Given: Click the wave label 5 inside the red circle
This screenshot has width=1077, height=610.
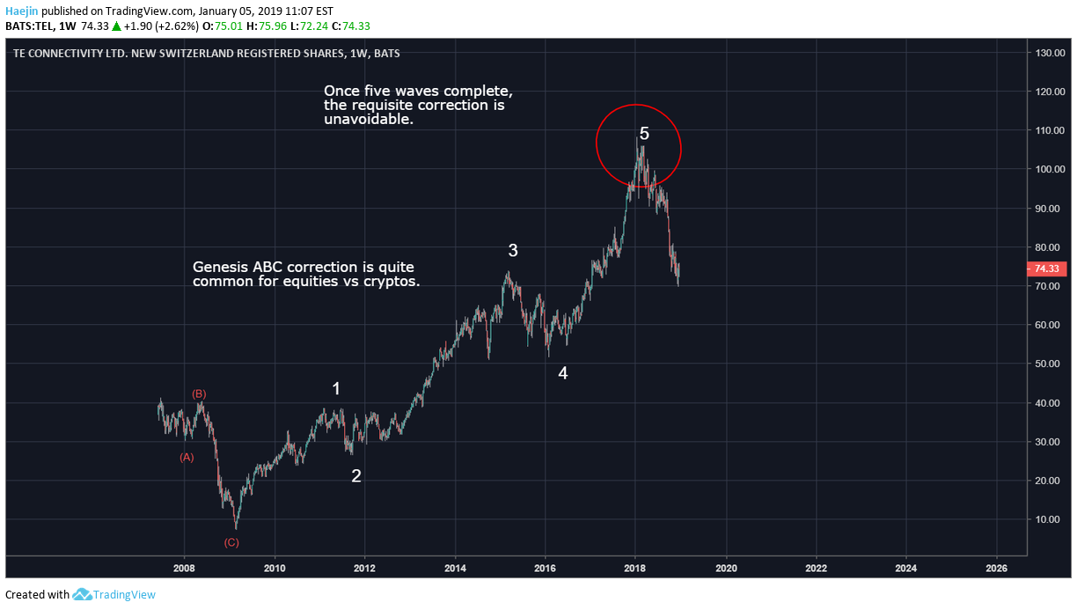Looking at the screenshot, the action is tap(644, 134).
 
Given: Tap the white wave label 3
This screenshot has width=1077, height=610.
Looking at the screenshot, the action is tap(513, 250).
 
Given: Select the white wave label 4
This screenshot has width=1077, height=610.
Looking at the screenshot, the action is tap(562, 373).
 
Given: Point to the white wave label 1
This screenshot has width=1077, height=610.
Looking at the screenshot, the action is tap(336, 389).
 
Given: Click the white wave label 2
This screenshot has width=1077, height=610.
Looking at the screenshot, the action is tap(355, 476).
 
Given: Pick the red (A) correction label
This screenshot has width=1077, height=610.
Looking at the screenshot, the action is tap(187, 458).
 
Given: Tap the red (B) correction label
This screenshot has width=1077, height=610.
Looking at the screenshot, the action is tap(199, 394).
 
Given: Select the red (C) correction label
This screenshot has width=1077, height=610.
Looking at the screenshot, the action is tap(231, 542).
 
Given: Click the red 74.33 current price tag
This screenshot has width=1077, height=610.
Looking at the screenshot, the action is tap(1046, 268).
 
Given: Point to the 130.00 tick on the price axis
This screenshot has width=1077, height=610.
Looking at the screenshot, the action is tap(1050, 53).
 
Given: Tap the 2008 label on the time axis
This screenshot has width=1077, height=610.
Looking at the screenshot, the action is tap(184, 568).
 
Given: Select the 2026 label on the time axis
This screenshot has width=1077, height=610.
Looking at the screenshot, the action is tap(996, 568).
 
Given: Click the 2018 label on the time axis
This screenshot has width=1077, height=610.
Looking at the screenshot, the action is tap(634, 568).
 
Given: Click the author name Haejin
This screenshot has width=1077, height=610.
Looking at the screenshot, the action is tap(22, 11).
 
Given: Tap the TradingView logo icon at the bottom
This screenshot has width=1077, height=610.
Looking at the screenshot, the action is tap(82, 595).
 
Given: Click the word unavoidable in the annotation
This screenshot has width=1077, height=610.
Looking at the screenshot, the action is tap(369, 119).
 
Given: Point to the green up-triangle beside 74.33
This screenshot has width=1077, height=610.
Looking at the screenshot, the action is tap(116, 26).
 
